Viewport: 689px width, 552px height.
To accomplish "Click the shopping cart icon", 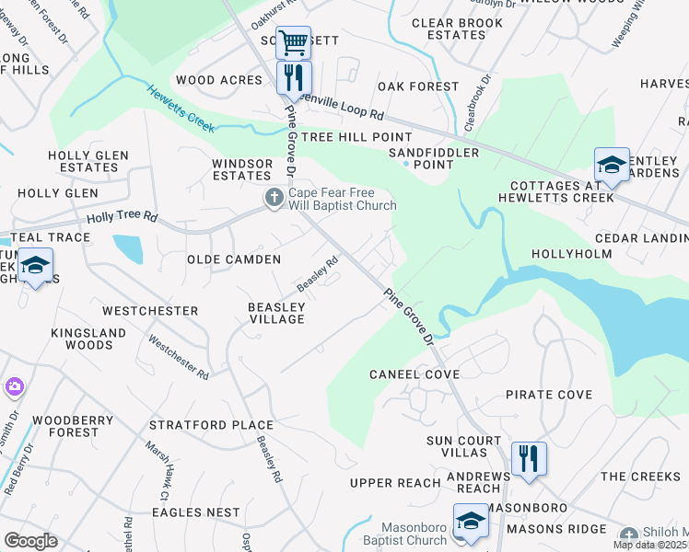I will (293, 41).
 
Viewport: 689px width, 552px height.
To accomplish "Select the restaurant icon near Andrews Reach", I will (529, 458).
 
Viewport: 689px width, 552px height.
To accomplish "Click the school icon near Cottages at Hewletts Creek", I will (612, 165).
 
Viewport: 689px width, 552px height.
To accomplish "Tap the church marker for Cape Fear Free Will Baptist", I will (274, 198).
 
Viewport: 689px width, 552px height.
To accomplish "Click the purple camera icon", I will (14, 385).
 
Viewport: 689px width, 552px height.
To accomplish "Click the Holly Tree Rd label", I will (123, 219).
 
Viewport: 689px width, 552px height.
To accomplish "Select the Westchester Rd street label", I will (179, 356).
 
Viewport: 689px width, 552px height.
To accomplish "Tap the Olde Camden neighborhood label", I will (234, 260).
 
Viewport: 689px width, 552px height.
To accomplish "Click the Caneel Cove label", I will (414, 374).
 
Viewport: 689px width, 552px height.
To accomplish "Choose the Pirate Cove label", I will (549, 395).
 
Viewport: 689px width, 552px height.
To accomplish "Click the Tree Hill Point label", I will (344, 137).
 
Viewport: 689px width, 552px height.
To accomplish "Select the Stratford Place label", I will (211, 426).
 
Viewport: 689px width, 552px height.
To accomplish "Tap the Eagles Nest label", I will (196, 512).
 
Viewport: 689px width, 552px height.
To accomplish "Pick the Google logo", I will (30, 540).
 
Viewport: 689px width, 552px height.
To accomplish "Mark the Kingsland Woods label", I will (70, 339).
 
